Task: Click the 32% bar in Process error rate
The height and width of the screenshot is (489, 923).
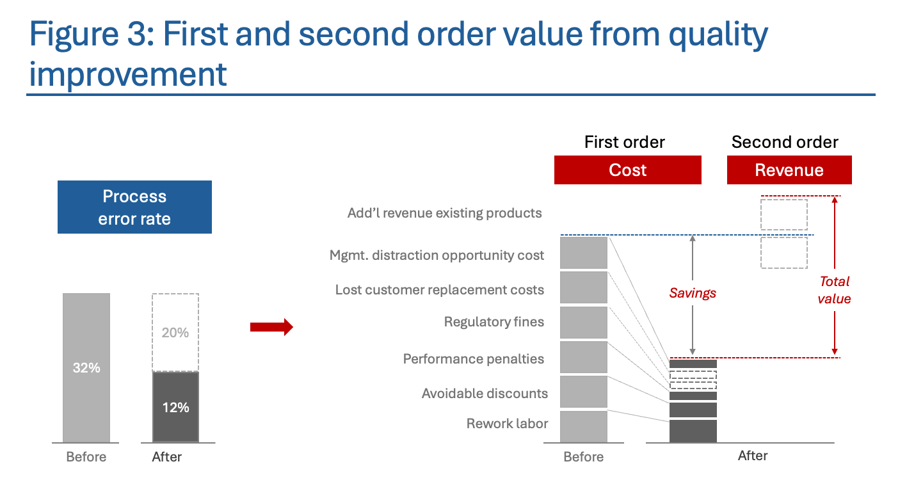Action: pyautogui.click(x=86, y=367)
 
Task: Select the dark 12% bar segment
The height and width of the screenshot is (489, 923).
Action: pyautogui.click(x=175, y=407)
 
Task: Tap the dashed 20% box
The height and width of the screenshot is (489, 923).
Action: pyautogui.click(x=175, y=332)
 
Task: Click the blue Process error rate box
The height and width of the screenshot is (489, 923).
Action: pyautogui.click(x=134, y=207)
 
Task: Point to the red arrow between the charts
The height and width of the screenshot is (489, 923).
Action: pyautogui.click(x=271, y=328)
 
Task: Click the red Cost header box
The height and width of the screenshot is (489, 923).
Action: pyautogui.click(x=627, y=170)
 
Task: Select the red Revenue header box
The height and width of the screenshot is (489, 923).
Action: pyautogui.click(x=789, y=170)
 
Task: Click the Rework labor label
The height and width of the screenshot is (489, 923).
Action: pyautogui.click(x=507, y=423)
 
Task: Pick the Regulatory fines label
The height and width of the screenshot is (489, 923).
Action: pyautogui.click(x=494, y=321)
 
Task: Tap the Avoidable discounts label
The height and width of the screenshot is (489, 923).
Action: pyautogui.click(x=485, y=393)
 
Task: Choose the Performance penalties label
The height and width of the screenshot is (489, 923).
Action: pyautogui.click(x=473, y=358)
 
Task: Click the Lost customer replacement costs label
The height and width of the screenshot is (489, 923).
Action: pyautogui.click(x=439, y=290)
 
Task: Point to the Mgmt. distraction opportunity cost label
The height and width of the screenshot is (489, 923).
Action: pyautogui.click(x=437, y=255)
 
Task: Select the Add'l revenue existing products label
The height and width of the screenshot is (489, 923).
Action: pyautogui.click(x=444, y=212)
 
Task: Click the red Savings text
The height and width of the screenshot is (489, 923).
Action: pyautogui.click(x=693, y=293)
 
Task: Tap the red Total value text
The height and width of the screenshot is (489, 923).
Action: pyautogui.click(x=835, y=290)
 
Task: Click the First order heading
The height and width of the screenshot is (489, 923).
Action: pyautogui.click(x=625, y=142)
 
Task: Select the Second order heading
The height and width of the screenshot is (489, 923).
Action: pyautogui.click(x=785, y=142)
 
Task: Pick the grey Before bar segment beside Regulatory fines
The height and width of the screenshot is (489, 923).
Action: pyautogui.click(x=583, y=322)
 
